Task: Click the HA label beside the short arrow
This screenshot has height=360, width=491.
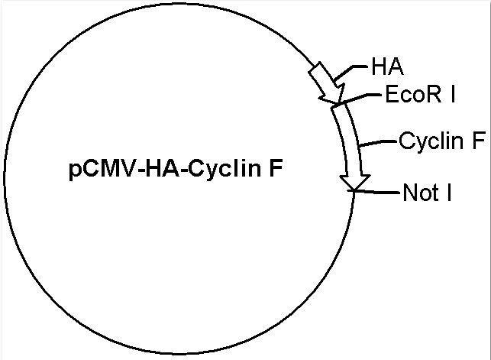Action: point(388,66)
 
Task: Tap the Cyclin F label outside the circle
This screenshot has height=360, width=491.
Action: point(442,141)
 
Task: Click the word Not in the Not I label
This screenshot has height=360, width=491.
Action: point(421,192)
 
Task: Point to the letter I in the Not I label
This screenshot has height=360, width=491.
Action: point(449,192)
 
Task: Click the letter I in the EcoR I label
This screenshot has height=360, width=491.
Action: point(452,94)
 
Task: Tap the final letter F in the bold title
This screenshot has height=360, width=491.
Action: point(276,168)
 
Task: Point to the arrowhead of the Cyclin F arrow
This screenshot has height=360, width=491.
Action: point(355,183)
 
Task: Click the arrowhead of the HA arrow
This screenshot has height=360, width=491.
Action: point(333,95)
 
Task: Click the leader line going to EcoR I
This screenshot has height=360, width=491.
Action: point(358,97)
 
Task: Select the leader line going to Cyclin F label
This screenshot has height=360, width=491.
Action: point(378,143)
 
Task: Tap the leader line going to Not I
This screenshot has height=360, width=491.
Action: point(376,191)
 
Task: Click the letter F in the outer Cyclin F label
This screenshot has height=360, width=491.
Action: point(479,140)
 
